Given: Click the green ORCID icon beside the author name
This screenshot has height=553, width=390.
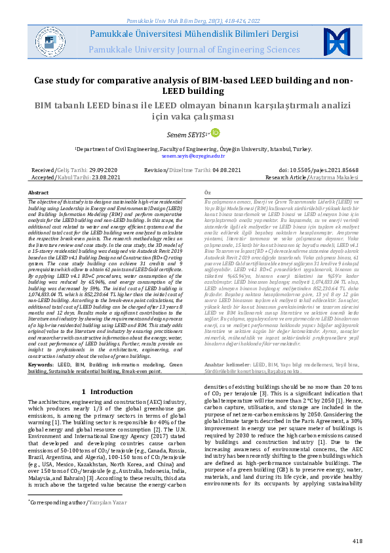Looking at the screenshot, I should [x=214, y=133].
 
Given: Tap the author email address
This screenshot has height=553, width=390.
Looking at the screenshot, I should [x=194, y=157].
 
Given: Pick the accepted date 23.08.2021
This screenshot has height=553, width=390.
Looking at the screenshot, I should [x=106, y=177].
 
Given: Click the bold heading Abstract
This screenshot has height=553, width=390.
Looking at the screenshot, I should [x=39, y=192].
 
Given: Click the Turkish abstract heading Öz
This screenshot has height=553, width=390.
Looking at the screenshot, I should [x=208, y=192].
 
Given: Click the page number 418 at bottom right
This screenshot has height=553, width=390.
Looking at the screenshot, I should [x=357, y=541].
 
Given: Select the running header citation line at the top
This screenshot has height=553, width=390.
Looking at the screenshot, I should [x=195, y=5].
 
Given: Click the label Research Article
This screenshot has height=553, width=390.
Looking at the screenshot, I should [x=303, y=177].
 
